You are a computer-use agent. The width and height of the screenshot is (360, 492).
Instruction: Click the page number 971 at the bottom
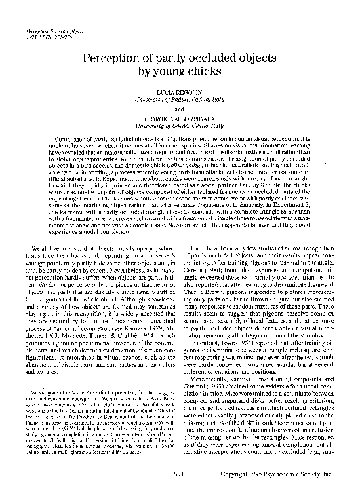[180, 472]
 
